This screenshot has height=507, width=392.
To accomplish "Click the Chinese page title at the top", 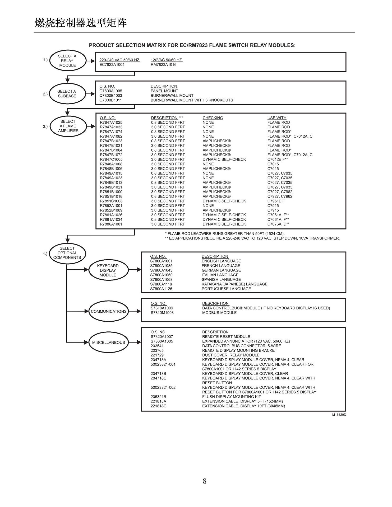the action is [x=81, y=23].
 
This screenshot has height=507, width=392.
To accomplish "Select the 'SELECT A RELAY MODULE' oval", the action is [x=68, y=61].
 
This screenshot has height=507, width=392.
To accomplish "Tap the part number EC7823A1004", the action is [x=112, y=65].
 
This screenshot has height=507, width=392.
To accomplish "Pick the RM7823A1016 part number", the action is [x=163, y=65].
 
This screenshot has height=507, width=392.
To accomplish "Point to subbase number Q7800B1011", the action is [x=111, y=100].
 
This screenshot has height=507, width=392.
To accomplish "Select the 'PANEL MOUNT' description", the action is [x=164, y=91].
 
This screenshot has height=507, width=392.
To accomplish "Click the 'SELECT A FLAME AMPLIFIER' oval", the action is [x=68, y=126].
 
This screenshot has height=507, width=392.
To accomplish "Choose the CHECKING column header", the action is [x=213, y=118].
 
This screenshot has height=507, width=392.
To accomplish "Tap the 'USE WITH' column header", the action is [x=277, y=118].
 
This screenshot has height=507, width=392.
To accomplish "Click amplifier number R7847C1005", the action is [x=111, y=159].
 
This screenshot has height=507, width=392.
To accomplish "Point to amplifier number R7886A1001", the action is [x=111, y=224].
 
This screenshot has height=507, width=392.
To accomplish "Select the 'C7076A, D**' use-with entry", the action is [x=278, y=224].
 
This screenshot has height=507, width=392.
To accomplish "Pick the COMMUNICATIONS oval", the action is [x=109, y=312].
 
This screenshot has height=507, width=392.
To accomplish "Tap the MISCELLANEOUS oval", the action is [x=109, y=342].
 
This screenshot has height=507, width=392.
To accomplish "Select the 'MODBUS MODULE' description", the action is [x=219, y=313].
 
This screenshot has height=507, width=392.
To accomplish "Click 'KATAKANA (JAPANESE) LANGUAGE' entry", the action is [x=234, y=284].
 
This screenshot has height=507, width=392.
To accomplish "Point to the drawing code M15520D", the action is [x=339, y=415].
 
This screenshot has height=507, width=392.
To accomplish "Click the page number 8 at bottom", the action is [x=205, y=481].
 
